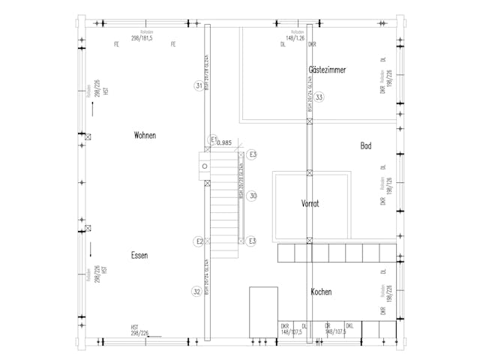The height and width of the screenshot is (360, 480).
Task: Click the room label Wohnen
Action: click(x=145, y=136)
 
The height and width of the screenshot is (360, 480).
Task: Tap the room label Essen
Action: click(x=139, y=255)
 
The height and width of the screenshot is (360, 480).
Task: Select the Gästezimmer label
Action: click(x=326, y=69)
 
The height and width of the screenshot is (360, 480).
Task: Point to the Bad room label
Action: click(x=366, y=145)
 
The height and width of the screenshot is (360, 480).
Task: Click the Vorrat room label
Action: click(x=310, y=203)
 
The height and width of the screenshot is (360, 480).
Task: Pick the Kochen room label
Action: click(x=321, y=292)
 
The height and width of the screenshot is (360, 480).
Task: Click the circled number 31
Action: click(x=198, y=86)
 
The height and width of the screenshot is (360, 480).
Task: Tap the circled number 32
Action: click(x=196, y=291)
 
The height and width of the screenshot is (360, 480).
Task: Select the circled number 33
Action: click(x=319, y=97)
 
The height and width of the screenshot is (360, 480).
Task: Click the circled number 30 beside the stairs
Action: click(x=253, y=196)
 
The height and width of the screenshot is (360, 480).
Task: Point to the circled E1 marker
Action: click(x=213, y=139)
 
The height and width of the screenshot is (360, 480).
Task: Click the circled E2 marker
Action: click(x=199, y=241)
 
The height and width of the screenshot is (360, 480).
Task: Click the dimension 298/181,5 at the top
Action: click(x=142, y=37)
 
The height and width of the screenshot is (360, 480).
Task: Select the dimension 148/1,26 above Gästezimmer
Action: click(x=295, y=37)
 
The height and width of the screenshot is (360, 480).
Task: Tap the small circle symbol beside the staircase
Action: click(x=204, y=166)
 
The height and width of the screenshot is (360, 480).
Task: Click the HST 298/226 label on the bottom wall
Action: click(x=140, y=330)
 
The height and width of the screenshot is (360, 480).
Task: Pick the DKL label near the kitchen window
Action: click(x=349, y=326)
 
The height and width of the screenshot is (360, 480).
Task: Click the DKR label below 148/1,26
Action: click(x=312, y=44)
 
